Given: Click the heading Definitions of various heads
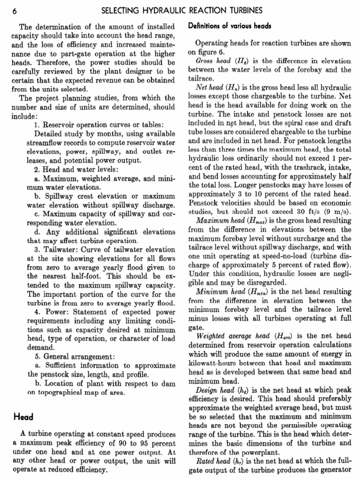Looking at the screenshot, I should [x=230, y=26].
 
